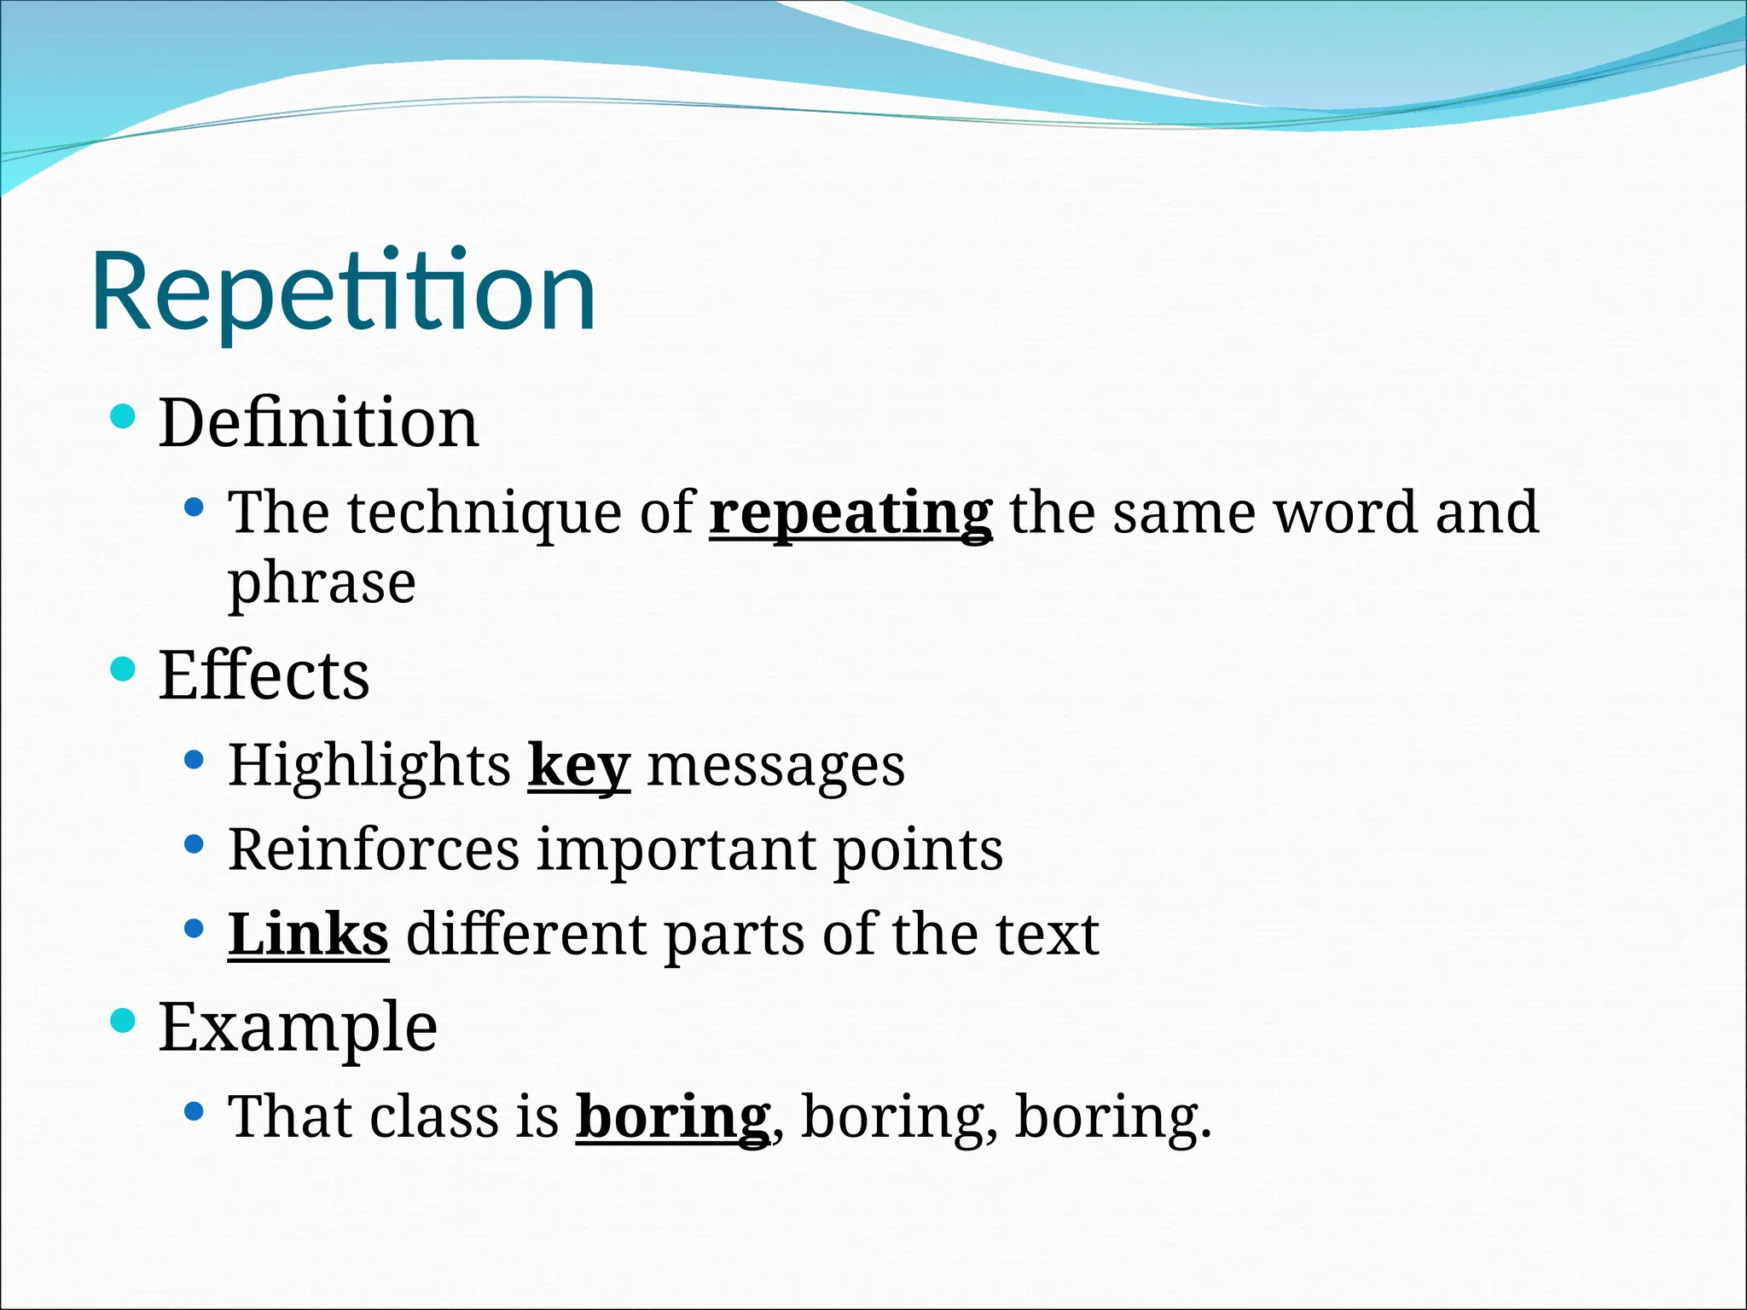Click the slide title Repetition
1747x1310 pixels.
343,292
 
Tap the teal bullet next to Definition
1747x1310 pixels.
124,417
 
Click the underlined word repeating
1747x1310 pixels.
850,513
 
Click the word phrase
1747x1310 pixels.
322,584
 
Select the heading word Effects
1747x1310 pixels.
264,675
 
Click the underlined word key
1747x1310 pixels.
579,765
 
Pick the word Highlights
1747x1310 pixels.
369,765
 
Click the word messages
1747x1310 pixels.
776,765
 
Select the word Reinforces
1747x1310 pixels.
374,849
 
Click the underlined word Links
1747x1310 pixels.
308,934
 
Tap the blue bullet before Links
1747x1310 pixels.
194,928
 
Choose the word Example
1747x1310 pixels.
298,1027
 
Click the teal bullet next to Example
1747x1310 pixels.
124,1020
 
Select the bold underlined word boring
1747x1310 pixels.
673,1116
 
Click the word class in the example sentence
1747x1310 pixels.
435,1116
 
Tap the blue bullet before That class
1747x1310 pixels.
194,1110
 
